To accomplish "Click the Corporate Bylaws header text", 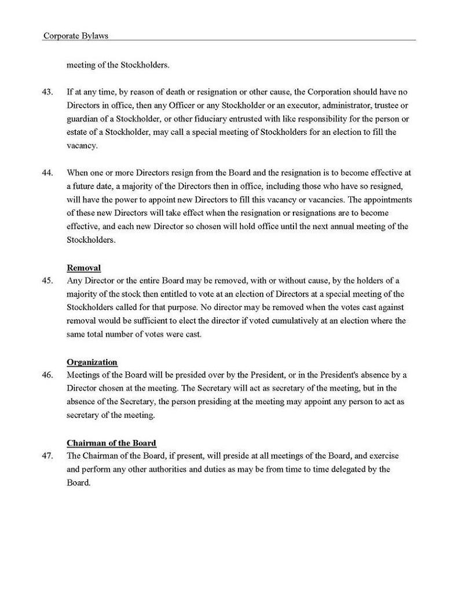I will tap(76, 35).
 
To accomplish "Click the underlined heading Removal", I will tap(84, 268).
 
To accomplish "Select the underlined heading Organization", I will tap(92, 362).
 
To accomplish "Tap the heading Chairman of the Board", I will tap(111, 443).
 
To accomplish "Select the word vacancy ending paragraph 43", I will tap(82, 146).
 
